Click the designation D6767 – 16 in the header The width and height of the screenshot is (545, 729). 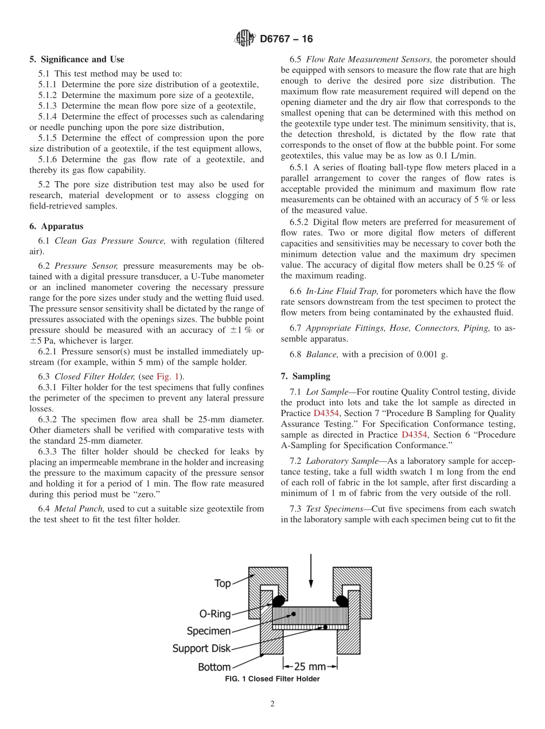click(x=286, y=39)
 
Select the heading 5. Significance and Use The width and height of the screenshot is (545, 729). click(x=77, y=60)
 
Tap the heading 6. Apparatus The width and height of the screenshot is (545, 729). click(x=56, y=226)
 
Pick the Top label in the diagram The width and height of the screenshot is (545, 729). click(x=223, y=583)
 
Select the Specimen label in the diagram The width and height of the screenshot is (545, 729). click(x=209, y=631)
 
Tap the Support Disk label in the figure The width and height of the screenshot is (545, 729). click(x=201, y=649)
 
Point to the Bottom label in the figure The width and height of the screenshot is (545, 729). click(x=214, y=667)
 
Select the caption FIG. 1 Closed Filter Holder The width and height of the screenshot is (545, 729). click(x=272, y=679)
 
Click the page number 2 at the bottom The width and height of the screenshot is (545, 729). click(x=272, y=704)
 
